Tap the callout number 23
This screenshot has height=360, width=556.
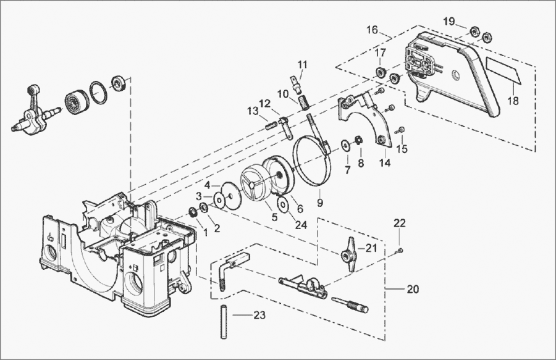coord(259,315)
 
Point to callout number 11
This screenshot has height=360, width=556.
coord(302,64)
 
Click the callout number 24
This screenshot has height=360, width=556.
coord(301,225)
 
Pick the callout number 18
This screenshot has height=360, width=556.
coord(512,101)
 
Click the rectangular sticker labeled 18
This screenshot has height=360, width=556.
coord(503,69)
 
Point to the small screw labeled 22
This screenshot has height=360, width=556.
coord(400,249)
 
